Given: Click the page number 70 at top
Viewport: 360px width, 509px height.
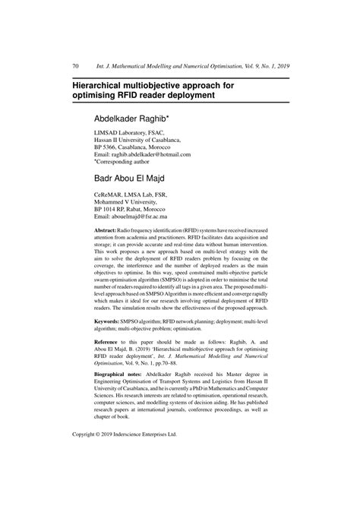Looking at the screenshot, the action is (76, 67).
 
